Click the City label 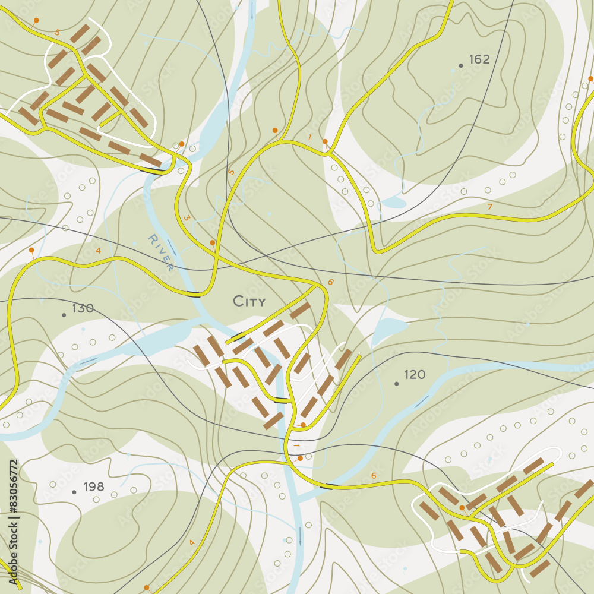click(249, 302)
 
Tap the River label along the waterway click(161, 252)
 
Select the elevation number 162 click(479, 59)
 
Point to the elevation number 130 click(83, 308)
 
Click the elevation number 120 click(415, 375)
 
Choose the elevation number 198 click(94, 487)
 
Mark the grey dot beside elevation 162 click(460, 65)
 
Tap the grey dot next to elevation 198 click(74, 492)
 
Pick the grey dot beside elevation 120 click(396, 384)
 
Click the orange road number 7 click(489, 207)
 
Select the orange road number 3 click(187, 218)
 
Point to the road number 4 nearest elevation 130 click(98, 251)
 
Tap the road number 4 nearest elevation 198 click(192, 542)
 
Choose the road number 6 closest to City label click(330, 282)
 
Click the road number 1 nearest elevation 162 click(309, 137)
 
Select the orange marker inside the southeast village click(462, 508)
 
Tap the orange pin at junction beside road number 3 click(212, 242)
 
